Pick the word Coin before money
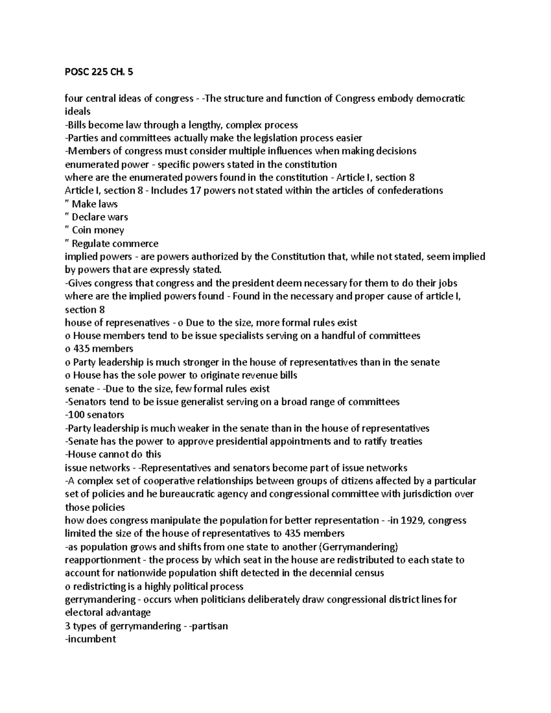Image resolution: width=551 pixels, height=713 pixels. (x=82, y=230)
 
